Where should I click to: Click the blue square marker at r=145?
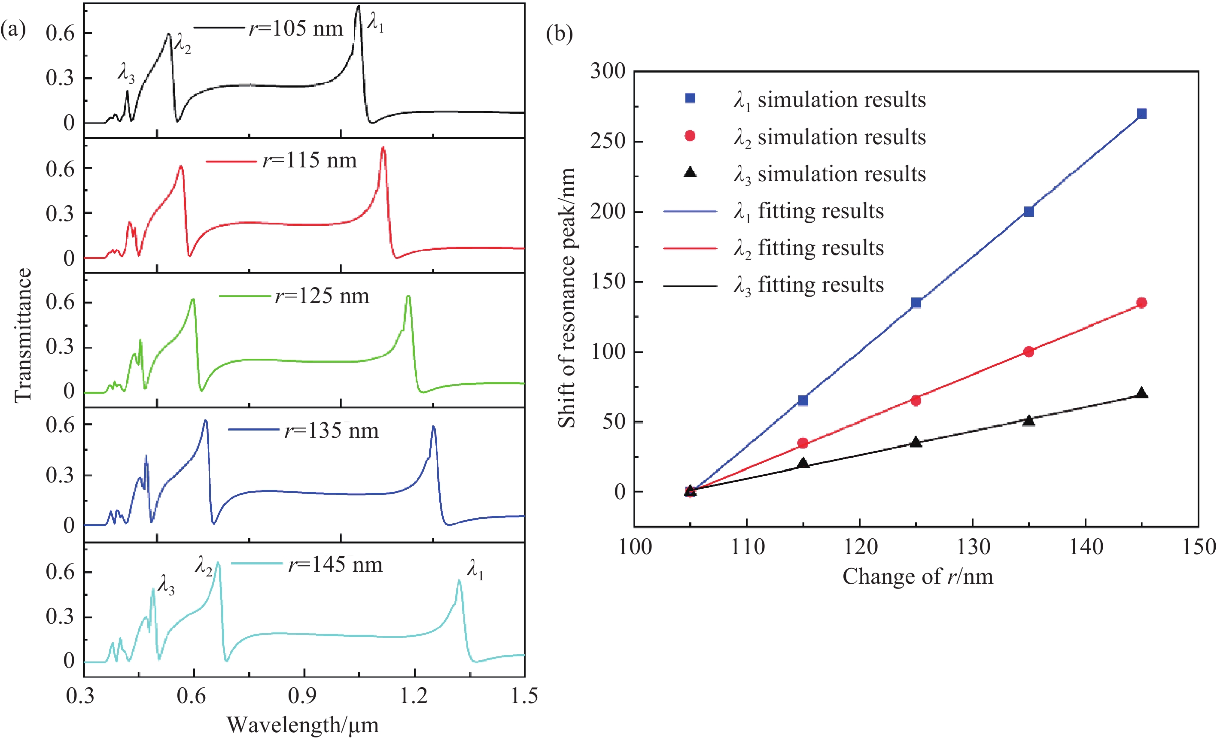click(x=1141, y=114)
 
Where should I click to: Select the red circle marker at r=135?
click(x=1029, y=352)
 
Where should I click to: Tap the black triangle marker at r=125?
click(x=916, y=442)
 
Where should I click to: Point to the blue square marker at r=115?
click(x=803, y=400)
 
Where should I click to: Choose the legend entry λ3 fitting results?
click(x=808, y=285)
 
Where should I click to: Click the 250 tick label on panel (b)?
click(x=608, y=141)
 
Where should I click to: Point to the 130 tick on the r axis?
click(x=973, y=547)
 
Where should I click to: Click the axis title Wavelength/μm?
click(x=302, y=725)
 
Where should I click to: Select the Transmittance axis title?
click(x=23, y=336)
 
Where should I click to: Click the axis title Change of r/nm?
click(x=917, y=576)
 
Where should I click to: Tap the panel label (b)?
click(x=559, y=33)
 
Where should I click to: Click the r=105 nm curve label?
click(x=295, y=29)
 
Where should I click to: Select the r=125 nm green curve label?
click(x=322, y=296)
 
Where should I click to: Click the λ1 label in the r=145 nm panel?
click(x=475, y=569)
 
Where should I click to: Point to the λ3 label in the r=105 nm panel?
click(x=126, y=73)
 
